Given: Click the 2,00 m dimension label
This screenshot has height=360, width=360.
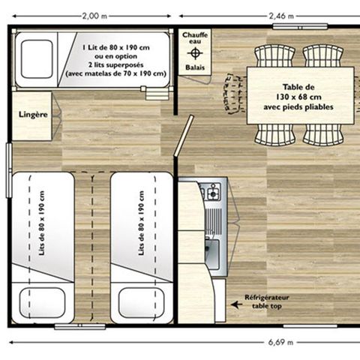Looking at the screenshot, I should pos(93,14).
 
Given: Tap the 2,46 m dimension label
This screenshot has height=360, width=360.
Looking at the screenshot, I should pos(281,14).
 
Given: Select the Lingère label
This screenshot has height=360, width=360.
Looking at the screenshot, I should pos(32,114).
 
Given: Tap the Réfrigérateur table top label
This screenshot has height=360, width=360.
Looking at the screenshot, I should pos(267,301).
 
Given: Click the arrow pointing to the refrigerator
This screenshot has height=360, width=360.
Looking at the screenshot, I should pos(236,304).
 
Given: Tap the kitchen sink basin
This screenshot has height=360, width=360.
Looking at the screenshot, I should pos(212,256).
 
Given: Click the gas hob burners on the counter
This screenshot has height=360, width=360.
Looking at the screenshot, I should pos(212,192).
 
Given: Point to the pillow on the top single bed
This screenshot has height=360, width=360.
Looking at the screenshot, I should pos(37,59).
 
